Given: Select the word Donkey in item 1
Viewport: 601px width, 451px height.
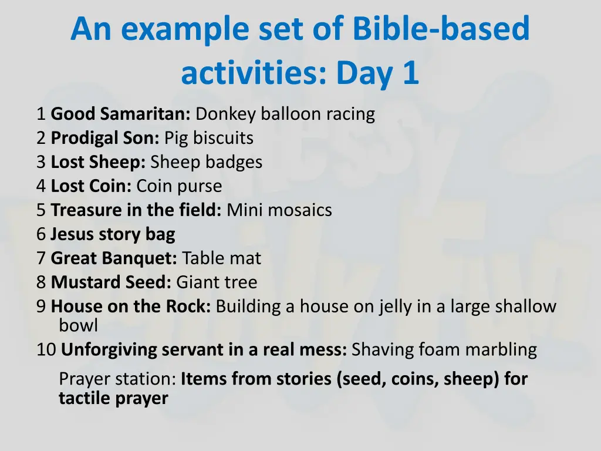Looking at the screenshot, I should pos(225,114).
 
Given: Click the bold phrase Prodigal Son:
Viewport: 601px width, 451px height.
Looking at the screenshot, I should pos(105,138).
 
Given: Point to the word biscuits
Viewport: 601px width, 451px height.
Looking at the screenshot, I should pos(223,138).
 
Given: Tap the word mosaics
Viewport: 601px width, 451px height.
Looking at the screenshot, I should pos(300,210).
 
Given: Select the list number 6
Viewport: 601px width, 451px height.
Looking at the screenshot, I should pos(40,234).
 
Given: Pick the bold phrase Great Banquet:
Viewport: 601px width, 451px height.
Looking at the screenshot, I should pos(114,258).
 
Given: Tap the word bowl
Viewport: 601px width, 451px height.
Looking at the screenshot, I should pos(78,325).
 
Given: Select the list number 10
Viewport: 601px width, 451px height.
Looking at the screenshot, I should pos(46,350).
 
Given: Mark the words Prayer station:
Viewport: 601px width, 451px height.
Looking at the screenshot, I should pos(117,379).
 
